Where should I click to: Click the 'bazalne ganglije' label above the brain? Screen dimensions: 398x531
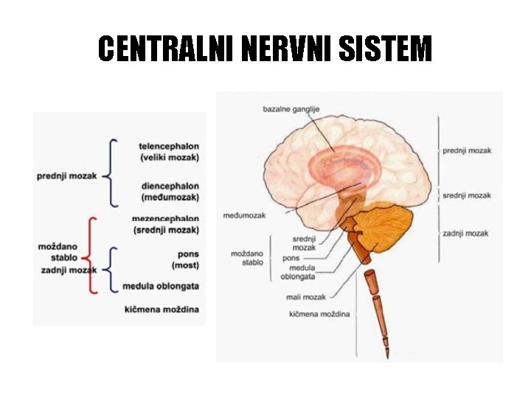(x=291, y=110)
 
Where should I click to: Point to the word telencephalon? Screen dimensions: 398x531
(x=168, y=146)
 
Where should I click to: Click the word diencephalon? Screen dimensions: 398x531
(x=169, y=186)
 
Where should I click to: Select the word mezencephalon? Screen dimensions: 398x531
(x=165, y=219)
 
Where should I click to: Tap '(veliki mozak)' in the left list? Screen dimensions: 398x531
(x=169, y=157)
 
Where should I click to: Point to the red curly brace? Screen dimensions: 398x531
(x=89, y=254)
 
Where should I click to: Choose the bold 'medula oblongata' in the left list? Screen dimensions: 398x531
(x=161, y=286)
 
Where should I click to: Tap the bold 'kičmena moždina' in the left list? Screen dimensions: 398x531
(x=162, y=309)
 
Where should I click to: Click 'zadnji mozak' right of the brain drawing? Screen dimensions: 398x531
(x=465, y=234)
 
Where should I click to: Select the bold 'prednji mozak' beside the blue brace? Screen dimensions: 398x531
(x=67, y=176)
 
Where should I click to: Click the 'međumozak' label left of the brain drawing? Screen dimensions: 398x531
(x=243, y=215)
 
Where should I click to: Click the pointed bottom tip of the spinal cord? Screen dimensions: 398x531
(x=386, y=344)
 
